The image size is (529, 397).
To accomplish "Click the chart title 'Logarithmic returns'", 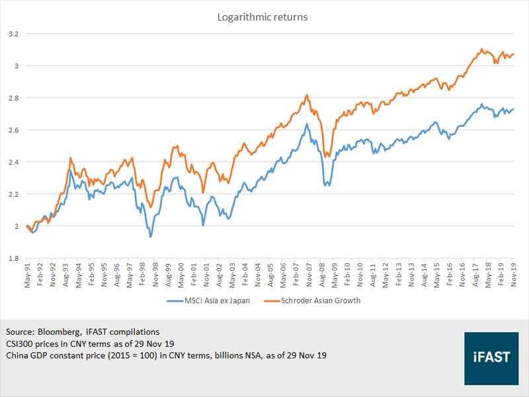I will pyautogui.click(x=263, y=17).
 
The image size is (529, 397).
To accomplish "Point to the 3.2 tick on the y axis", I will pyautogui.click(x=12, y=34).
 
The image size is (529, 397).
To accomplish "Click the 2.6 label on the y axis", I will pyautogui.click(x=12, y=130).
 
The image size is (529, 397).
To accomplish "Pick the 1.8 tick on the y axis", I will pyautogui.click(x=12, y=259).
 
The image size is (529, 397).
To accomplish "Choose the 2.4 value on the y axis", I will pyautogui.click(x=12, y=162).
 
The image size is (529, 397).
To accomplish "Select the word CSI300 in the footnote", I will pyautogui.click(x=21, y=343).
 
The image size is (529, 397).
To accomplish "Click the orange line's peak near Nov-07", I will pyautogui.click(x=307, y=95).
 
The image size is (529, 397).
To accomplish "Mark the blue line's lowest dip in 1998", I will pyautogui.click(x=150, y=236).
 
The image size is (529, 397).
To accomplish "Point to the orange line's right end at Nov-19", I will pyautogui.click(x=514, y=54).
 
